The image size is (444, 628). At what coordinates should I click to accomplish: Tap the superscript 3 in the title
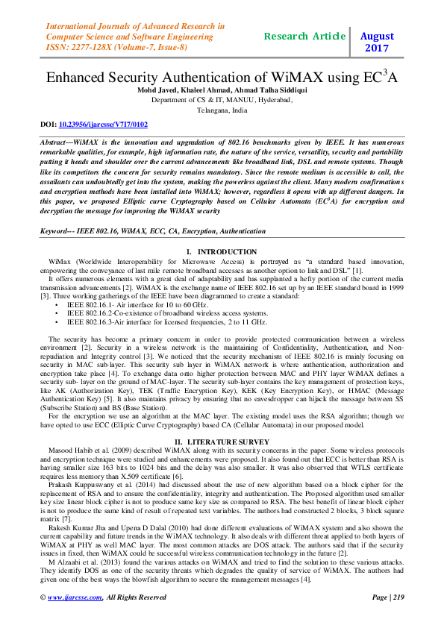pyautogui.click(x=389, y=72)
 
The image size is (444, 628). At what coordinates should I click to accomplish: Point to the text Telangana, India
pyautogui.click(x=222, y=109)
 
